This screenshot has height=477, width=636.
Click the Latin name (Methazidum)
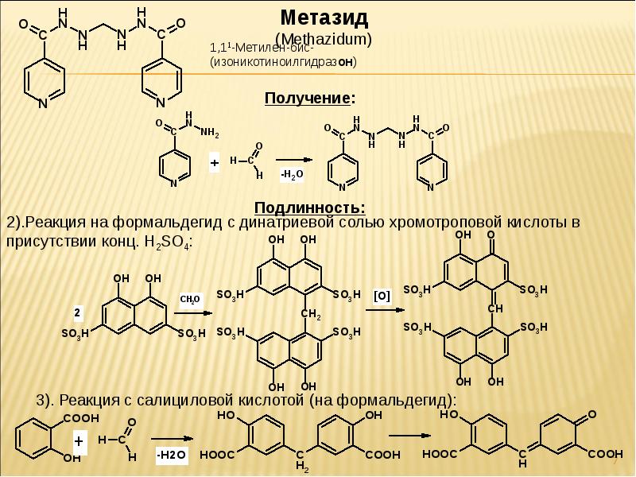pyautogui.click(x=323, y=37)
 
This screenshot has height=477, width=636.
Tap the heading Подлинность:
pyautogui.click(x=310, y=207)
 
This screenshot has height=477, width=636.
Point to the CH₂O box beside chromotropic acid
pyautogui.click(x=192, y=300)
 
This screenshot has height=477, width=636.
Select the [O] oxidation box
pyautogui.click(x=382, y=296)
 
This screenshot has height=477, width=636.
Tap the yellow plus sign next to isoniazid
pyautogui.click(x=214, y=162)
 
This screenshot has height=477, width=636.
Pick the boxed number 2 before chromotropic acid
pyautogui.click(x=77, y=311)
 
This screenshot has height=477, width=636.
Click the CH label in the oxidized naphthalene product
pyautogui.click(x=493, y=308)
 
